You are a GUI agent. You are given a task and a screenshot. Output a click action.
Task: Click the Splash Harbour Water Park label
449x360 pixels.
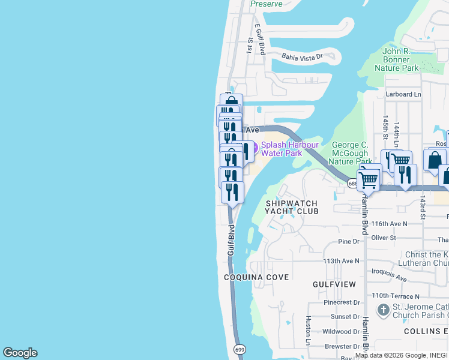[282, 149]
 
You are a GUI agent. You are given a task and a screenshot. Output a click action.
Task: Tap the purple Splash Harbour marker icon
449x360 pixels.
[253, 148]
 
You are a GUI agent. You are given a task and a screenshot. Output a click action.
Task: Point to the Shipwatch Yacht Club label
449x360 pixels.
[291, 208]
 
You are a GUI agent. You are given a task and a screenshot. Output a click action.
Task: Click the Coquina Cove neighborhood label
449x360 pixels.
[256, 277]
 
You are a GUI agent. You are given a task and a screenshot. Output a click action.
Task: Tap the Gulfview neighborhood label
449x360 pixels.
[334, 284]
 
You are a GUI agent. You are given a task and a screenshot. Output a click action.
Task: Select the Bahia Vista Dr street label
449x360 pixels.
[303, 57]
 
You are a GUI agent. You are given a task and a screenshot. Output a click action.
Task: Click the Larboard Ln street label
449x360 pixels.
[403, 94]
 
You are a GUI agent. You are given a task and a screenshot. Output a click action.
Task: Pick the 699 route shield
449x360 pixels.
[239, 348]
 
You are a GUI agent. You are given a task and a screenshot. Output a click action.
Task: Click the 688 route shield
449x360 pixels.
[353, 184]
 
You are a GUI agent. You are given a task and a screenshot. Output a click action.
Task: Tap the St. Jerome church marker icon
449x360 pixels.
[383, 310]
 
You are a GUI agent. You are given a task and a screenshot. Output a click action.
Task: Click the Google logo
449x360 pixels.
[20, 353]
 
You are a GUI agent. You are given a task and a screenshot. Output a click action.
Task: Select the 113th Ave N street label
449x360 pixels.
[341, 261]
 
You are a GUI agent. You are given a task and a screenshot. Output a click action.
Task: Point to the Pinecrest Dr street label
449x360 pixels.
[341, 302]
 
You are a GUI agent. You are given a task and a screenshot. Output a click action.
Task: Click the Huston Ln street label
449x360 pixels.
[309, 340]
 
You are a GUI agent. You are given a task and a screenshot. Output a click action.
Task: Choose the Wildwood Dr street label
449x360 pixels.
[341, 331]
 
